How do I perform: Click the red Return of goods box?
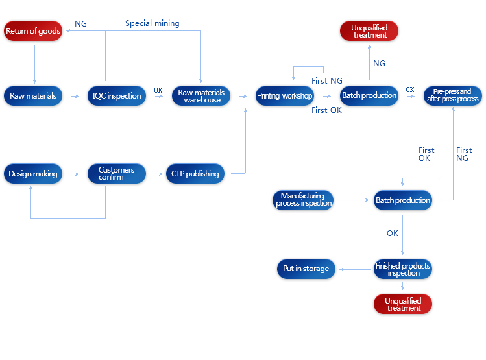[33, 31]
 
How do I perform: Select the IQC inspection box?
[117, 96]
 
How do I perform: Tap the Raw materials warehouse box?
[201, 96]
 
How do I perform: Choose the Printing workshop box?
[284, 96]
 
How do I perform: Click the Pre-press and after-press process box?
[453, 95]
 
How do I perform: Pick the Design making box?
[33, 174]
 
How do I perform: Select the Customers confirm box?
[117, 174]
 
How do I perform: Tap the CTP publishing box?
[195, 174]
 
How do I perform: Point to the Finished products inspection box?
[403, 269]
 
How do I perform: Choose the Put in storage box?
[306, 269]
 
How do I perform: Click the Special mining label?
[152, 23]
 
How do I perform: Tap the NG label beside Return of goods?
[80, 24]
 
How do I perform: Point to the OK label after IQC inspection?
[158, 90]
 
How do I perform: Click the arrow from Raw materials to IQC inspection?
[75, 96]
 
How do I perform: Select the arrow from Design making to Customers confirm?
[75, 174]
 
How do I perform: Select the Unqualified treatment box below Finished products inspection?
[403, 304]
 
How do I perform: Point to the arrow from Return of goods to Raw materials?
[34, 62]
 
